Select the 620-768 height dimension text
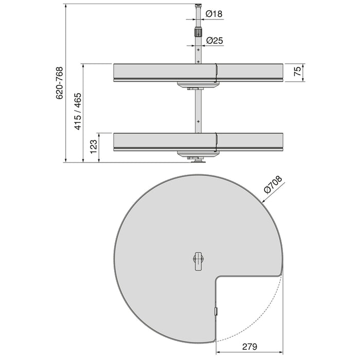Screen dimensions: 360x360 [x=60, y=83]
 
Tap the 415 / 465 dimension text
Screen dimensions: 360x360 [x=78, y=112]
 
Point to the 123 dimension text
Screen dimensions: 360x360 [x=93, y=147]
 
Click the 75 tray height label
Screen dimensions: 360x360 [x=297, y=73]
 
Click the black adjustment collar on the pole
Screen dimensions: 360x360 [x=197, y=32]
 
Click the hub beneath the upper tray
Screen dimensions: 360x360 [x=197, y=85]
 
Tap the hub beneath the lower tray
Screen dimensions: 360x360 [x=197, y=154]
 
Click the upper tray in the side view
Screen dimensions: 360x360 [x=154, y=73]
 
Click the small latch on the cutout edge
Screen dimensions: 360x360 [x=216, y=311]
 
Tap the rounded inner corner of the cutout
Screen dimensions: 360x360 [x=219, y=278]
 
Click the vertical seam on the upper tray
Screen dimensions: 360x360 [x=217, y=73]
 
